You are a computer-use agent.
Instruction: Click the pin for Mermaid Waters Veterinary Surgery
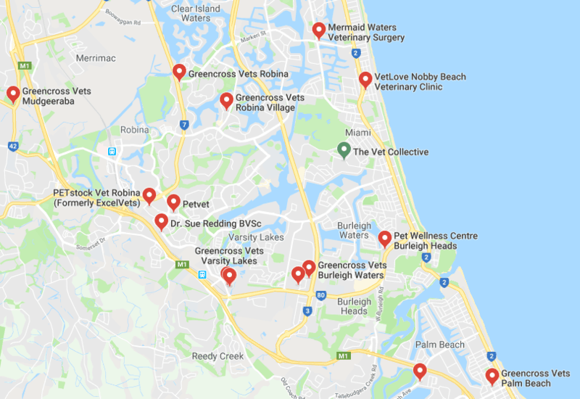tap(318, 30)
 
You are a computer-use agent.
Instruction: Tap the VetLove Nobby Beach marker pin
tap(365, 80)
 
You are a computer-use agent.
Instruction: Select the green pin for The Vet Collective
tap(344, 150)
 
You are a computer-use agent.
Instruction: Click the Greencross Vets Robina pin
tap(179, 72)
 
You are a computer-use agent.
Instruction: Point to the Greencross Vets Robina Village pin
tap(226, 100)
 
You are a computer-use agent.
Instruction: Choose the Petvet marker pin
tap(173, 202)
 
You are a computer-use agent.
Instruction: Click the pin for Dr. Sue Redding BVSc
tap(161, 221)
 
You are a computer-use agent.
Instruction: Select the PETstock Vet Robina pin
tap(149, 195)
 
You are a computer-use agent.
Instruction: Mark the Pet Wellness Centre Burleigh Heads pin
tap(384, 238)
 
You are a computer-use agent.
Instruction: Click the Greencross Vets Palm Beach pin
tap(492, 376)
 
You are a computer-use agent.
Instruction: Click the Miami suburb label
tap(357, 133)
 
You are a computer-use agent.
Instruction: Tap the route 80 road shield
tap(320, 296)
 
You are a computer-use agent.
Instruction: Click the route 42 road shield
tap(13, 146)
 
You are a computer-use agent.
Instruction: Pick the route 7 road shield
tap(185, 125)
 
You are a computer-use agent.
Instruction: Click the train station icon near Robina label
tap(112, 152)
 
